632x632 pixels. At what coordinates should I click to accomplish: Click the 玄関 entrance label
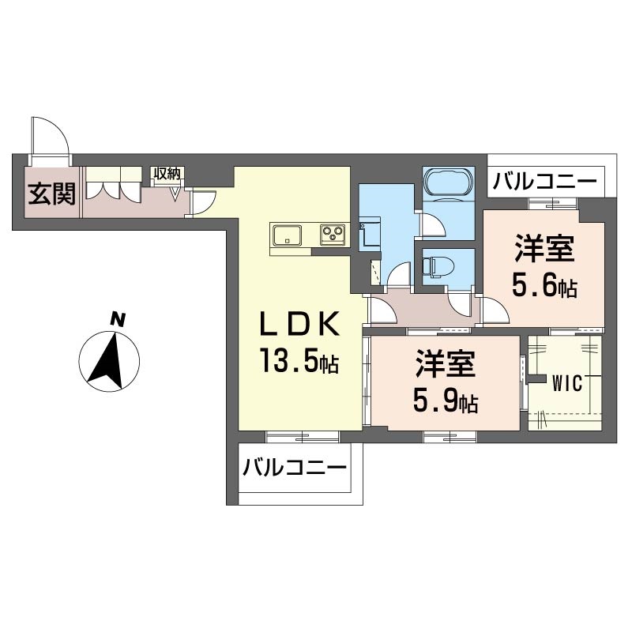tap(51, 194)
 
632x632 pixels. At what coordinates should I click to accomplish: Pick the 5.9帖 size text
tap(446, 401)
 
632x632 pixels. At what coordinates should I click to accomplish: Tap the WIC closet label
tap(567, 383)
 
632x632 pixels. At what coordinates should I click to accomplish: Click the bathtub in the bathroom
tap(448, 183)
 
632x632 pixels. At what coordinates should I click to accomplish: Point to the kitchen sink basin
tap(287, 235)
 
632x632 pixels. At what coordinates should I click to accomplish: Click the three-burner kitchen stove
tap(333, 234)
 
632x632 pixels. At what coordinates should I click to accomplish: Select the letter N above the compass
tap(117, 319)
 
